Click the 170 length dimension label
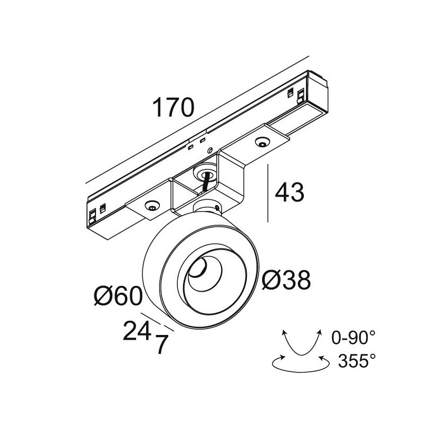(174, 108)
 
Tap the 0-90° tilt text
(354, 336)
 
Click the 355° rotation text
(357, 361)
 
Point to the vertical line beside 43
(270, 193)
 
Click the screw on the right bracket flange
(262, 141)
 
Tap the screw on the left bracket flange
(152, 206)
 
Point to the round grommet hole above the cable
(205, 171)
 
